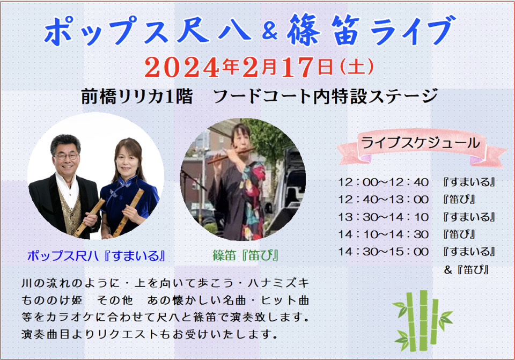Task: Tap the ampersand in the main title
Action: tap(270, 31)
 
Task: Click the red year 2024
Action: tap(182, 68)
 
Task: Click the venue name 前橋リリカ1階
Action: tap(137, 97)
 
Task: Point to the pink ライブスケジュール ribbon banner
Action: tap(422, 147)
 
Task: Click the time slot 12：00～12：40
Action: tap(383, 182)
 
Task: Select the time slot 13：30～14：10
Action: tap(383, 217)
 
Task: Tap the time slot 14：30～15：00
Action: tap(383, 252)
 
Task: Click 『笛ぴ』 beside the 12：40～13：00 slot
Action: tap(459, 200)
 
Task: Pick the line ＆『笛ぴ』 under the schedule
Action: tap(466, 270)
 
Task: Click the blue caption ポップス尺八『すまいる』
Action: tap(96, 255)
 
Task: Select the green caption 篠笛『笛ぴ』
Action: tap(246, 255)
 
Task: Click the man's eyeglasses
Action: tap(66, 156)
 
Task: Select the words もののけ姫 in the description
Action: tap(52, 300)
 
